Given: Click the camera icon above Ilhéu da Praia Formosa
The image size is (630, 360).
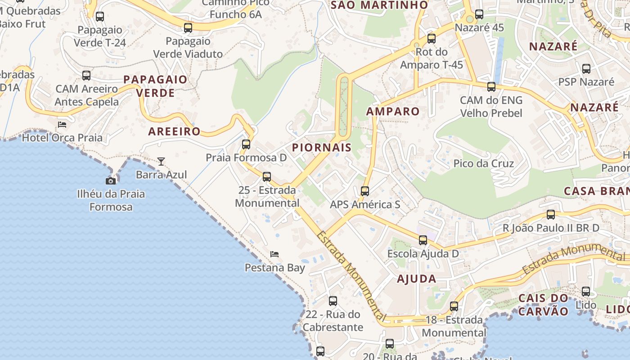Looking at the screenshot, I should click(x=111, y=181).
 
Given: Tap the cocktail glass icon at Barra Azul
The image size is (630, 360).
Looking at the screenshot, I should click(x=161, y=161).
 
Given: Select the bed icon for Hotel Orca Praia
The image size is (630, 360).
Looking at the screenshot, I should click(x=62, y=124).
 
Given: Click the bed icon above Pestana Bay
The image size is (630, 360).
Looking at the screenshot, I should click(x=274, y=254).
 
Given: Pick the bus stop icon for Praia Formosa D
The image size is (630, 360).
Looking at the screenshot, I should click(x=246, y=144).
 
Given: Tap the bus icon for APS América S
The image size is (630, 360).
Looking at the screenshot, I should click(x=365, y=191).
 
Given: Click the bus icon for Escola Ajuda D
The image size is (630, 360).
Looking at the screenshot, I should click(x=423, y=240).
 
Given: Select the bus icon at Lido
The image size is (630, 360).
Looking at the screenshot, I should click(x=586, y=292).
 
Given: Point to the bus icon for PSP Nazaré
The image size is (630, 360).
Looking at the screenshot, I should click(x=586, y=69).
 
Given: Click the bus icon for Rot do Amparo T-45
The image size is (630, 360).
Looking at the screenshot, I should click(x=432, y=39).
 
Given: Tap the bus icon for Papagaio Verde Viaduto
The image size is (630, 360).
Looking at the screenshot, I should click(x=188, y=28).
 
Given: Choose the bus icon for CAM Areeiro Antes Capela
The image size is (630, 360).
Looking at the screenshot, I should click(x=86, y=76).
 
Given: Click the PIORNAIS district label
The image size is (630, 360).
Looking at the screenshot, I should click(x=322, y=148).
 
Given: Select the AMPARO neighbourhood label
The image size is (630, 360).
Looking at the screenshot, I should click(x=393, y=112).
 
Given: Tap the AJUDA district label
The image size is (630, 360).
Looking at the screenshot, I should click(x=417, y=279).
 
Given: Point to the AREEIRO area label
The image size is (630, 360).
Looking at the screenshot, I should click(x=174, y=131).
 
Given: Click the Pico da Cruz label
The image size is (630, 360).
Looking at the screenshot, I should click(x=484, y=163).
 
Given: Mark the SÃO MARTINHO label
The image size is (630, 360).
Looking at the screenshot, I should click(x=379, y=5).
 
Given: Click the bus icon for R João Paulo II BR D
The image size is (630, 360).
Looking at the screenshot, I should click(x=551, y=215).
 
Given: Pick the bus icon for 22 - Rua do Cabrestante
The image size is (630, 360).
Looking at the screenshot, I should click(x=333, y=301).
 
